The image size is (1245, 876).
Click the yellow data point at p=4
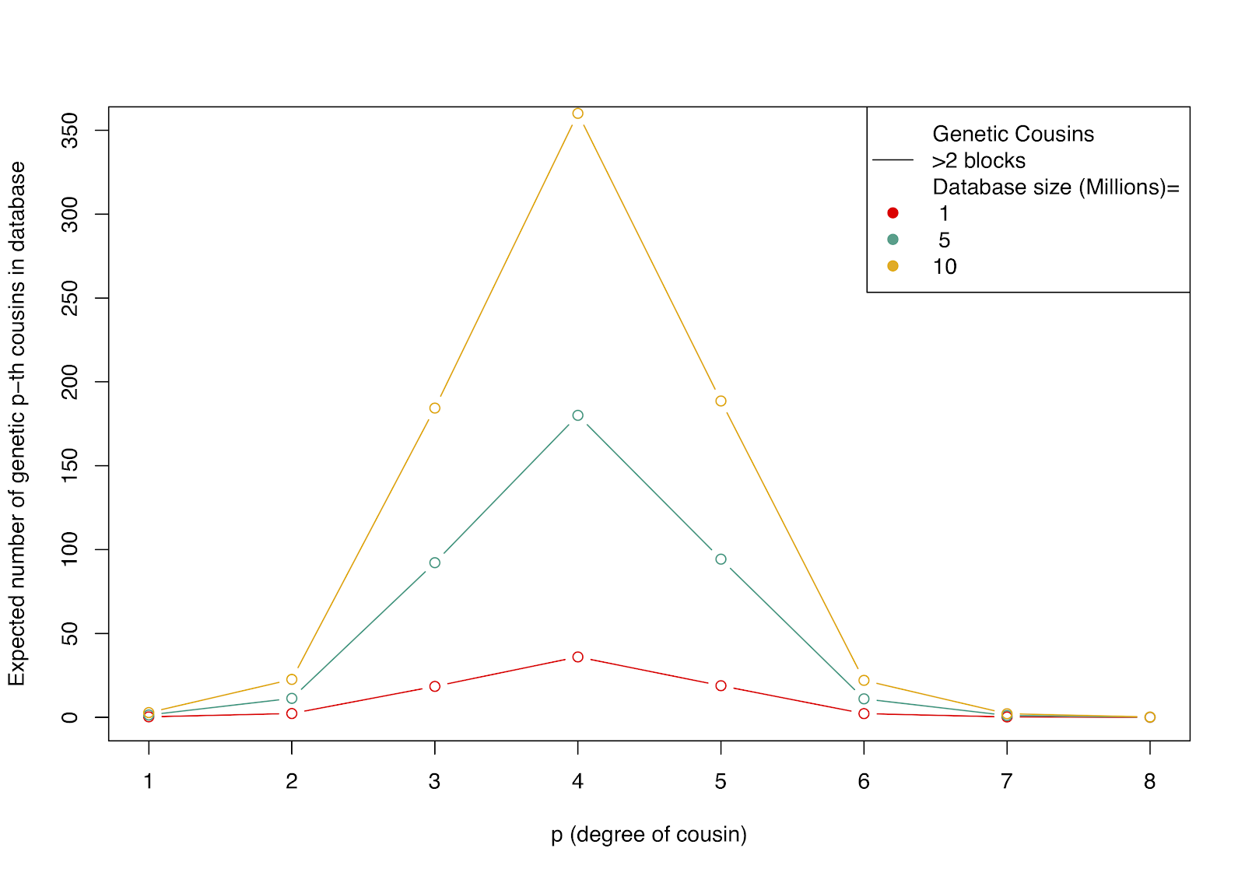[577, 114]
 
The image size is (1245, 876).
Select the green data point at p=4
[577, 415]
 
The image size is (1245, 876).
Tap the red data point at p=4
[577, 657]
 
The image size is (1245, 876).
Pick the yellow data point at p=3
[435, 408]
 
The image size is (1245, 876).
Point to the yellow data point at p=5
[721, 401]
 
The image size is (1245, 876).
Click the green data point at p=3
[435, 562]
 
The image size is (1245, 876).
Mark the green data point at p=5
[721, 559]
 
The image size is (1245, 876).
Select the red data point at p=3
[435, 686]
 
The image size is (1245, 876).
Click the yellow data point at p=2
[292, 679]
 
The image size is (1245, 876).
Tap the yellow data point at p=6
[864, 681]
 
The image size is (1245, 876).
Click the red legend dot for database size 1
[893, 213]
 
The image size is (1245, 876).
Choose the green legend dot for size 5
[893, 240]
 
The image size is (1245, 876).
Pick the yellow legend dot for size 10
[893, 266]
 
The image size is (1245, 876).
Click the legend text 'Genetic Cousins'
[1013, 134]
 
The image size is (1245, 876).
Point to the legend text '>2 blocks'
[979, 160]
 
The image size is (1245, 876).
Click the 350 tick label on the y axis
[70, 131]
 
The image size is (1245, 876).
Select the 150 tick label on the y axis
[70, 466]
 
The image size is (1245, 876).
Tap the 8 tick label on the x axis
[1149, 781]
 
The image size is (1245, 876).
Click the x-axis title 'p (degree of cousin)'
[649, 835]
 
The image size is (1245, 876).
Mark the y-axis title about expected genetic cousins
[17, 423]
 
